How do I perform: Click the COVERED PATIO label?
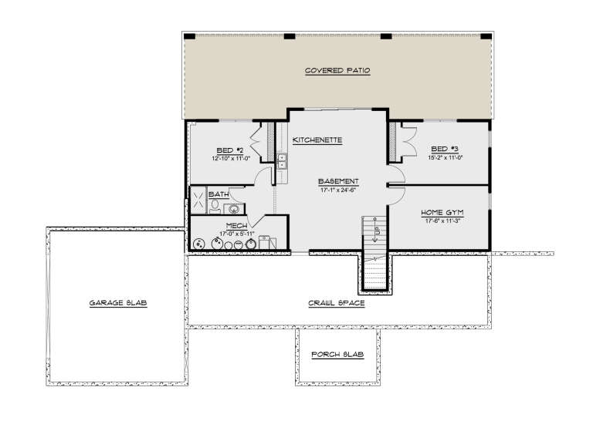click(337, 70)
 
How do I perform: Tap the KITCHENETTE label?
click(317, 140)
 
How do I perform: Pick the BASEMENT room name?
click(337, 183)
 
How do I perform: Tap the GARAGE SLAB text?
click(117, 303)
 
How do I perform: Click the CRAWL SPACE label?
click(337, 303)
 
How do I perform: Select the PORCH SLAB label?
click(337, 355)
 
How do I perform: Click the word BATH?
click(217, 194)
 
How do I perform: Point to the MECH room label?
click(215, 225)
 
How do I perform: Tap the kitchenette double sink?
click(283, 162)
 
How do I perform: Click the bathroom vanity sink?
click(233, 208)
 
